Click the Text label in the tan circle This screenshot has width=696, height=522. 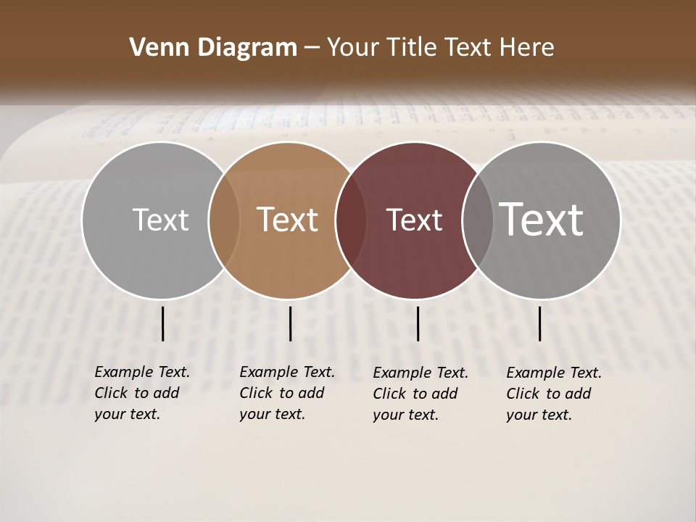pyautogui.click(x=288, y=220)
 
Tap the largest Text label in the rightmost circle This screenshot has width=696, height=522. pyautogui.click(x=542, y=219)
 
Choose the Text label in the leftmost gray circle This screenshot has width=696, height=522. pyautogui.click(x=160, y=220)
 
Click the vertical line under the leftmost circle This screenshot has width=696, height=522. pyautogui.click(x=163, y=323)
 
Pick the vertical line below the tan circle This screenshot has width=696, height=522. pyautogui.click(x=290, y=323)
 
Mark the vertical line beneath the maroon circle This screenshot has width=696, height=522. pyautogui.click(x=418, y=323)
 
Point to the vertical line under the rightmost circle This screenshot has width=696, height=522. pyautogui.click(x=540, y=323)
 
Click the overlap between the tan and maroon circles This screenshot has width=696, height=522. pyautogui.click(x=350, y=220)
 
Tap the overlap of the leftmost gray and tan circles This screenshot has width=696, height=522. pyautogui.click(x=224, y=220)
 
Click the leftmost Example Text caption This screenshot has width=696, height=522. pyautogui.click(x=141, y=393)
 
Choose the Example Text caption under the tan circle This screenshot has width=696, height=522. pyautogui.click(x=286, y=393)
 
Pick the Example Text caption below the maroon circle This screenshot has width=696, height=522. pyautogui.click(x=420, y=394)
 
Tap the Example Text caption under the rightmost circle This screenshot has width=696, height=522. pyautogui.click(x=553, y=394)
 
